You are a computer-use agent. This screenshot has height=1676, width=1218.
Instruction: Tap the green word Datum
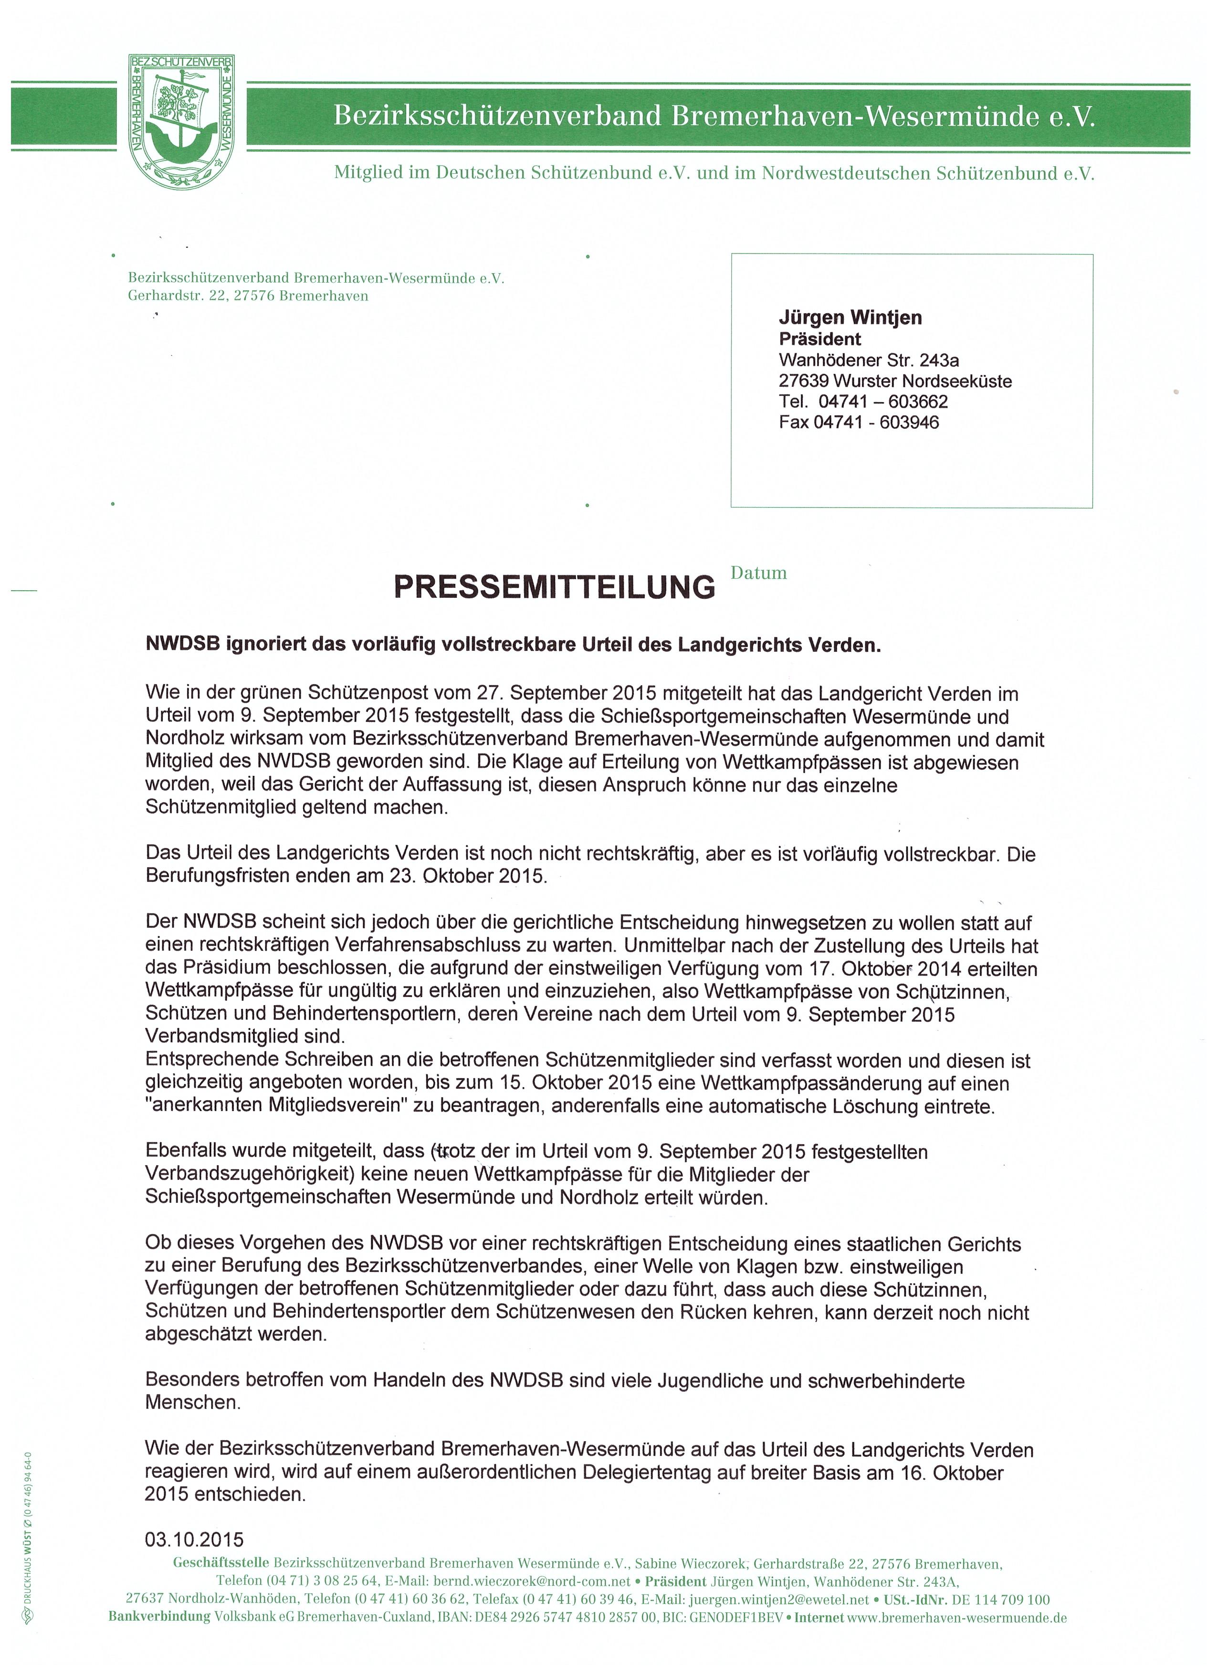click(x=758, y=573)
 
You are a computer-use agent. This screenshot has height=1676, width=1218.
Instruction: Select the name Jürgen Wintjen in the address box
click(x=850, y=318)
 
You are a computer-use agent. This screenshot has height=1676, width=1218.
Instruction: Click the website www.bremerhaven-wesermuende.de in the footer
click(x=957, y=1618)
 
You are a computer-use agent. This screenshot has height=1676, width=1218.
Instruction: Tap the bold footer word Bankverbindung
click(x=159, y=1618)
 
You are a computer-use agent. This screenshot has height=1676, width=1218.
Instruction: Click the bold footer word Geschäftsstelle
click(x=221, y=1564)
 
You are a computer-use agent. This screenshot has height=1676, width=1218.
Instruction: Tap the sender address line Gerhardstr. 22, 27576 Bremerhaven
click(x=248, y=297)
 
